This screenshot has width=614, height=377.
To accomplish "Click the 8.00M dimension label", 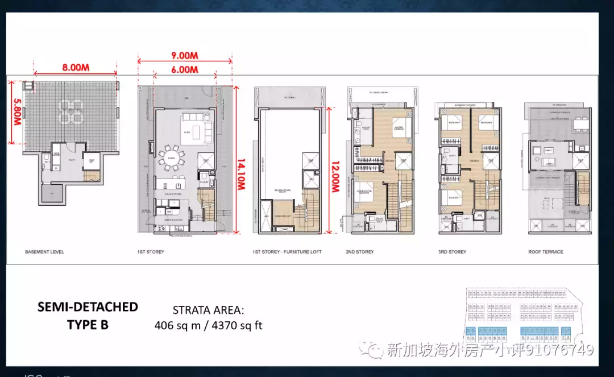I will (x=76, y=67).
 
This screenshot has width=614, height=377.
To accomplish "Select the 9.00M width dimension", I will (x=185, y=56).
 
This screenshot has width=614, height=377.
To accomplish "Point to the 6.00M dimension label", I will (x=185, y=69).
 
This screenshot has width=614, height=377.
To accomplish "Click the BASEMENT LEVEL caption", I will (x=44, y=251).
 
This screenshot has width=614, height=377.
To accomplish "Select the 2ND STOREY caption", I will (x=360, y=251).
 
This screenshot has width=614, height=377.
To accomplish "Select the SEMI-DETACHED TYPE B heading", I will (x=88, y=316).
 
